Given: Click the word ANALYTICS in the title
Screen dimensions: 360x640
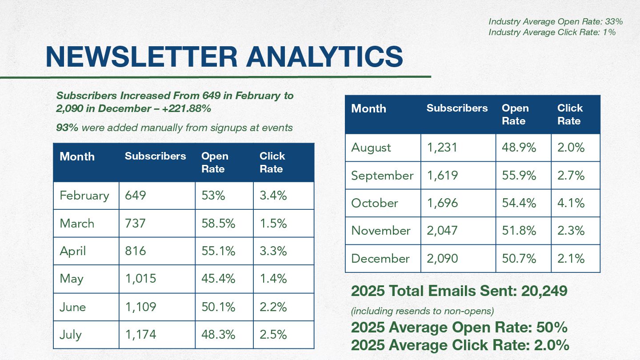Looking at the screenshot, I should tap(324, 57).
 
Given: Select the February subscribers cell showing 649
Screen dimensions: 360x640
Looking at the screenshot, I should tap(136, 196).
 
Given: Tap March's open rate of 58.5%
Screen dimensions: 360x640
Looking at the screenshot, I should tap(218, 223).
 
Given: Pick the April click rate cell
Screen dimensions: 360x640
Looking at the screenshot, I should tap(273, 251).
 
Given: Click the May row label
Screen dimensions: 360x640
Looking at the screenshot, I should tap(72, 279).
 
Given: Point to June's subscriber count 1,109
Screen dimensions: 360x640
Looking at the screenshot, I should tap(140, 307).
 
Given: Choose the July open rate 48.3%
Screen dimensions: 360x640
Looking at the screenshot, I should tap(218, 334).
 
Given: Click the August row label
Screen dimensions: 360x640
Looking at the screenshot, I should tap(371, 148).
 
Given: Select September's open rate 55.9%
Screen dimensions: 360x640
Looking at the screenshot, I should tap(519, 175).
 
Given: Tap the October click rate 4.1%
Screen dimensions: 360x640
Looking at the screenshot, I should tap(571, 203).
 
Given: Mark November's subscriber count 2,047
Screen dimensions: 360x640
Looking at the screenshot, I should tap(442, 231).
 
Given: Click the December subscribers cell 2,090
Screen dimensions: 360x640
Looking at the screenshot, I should tap(442, 258).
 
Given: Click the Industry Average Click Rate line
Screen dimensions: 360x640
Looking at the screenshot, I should tap(552, 32).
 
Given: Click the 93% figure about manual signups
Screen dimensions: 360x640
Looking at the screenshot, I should tap(67, 128).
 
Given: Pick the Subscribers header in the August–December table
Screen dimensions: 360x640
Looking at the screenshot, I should tap(457, 108).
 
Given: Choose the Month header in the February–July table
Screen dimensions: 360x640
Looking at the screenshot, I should tap(77, 156).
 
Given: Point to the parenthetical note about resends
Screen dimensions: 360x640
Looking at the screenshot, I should tap(422, 311).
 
